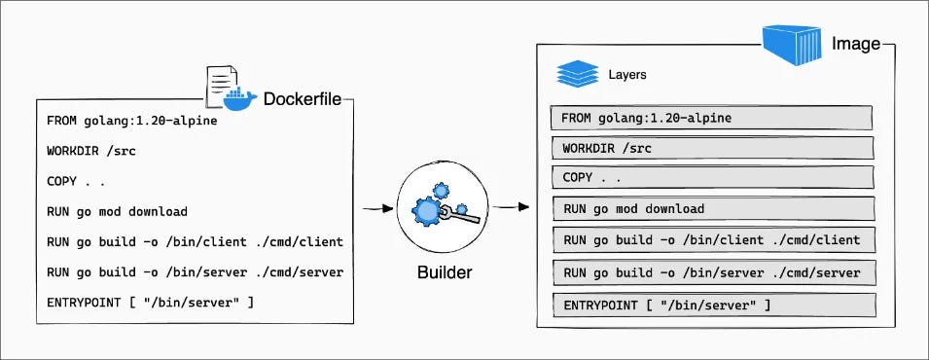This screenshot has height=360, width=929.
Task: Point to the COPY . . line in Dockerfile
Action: point(76,181)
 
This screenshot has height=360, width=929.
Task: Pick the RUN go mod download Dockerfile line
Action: point(117,211)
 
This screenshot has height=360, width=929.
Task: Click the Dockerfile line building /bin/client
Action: point(195,241)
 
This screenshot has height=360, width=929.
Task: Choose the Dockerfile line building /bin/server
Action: point(195,271)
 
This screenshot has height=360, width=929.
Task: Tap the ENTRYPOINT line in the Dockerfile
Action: point(151,303)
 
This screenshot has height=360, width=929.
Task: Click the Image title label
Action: point(855,44)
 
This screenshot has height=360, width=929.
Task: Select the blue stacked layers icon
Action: point(575,74)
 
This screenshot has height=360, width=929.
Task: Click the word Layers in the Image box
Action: point(627,74)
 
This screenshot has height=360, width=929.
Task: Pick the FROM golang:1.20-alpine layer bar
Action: point(711,119)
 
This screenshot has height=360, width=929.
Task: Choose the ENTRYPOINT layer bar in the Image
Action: point(711,306)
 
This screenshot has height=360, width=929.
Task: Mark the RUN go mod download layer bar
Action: point(711,209)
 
